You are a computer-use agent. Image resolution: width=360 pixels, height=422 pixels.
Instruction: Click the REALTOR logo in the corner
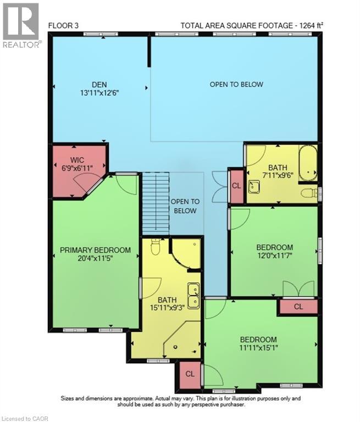pyautogui.click(x=21, y=25)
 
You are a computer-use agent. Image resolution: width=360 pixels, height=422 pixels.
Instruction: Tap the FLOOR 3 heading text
pyautogui.click(x=65, y=25)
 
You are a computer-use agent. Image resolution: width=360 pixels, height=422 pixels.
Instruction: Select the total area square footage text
pyautogui.click(x=252, y=25)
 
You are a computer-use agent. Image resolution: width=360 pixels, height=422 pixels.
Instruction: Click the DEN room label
pyautogui.click(x=99, y=84)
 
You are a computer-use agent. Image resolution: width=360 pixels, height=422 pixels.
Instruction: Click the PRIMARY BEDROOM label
pyautogui.click(x=95, y=250)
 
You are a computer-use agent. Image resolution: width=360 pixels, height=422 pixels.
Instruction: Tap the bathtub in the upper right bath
pyautogui.click(x=308, y=162)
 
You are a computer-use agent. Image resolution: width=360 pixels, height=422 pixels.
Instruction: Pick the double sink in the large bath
pyautogui.click(x=193, y=295)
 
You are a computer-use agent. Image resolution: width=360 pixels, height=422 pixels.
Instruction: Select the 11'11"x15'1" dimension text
pyautogui.click(x=258, y=348)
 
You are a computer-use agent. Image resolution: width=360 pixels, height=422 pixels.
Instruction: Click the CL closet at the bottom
pyautogui.click(x=190, y=374)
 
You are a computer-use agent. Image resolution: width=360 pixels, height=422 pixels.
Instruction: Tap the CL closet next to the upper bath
pyautogui.click(x=236, y=186)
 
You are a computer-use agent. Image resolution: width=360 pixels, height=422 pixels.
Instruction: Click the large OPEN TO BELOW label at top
pyautogui.click(x=236, y=85)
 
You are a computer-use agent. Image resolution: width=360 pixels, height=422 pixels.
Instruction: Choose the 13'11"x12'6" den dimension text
pyautogui.click(x=99, y=93)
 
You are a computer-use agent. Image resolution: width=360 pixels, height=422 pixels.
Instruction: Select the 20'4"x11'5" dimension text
pyautogui.click(x=95, y=259)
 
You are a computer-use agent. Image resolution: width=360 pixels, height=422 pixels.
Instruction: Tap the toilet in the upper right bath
pyautogui.click(x=310, y=193)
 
